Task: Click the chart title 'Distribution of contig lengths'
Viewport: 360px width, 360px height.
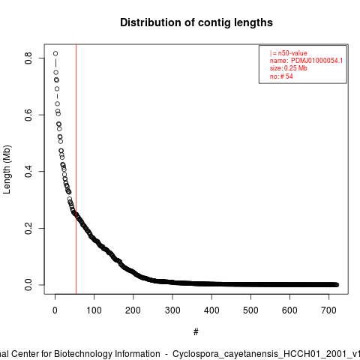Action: coord(196,22)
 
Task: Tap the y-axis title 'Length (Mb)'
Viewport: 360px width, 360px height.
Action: coord(7,169)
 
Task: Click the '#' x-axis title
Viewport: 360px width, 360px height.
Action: coord(196,332)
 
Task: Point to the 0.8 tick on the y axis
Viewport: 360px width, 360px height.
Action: coord(28,58)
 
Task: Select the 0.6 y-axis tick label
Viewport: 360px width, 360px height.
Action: coord(28,115)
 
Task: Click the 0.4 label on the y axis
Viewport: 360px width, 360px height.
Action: coord(28,172)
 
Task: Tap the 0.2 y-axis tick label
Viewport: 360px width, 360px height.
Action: coord(28,228)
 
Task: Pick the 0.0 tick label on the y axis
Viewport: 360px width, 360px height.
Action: coord(28,285)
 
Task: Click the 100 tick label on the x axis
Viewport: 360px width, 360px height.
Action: coord(94,310)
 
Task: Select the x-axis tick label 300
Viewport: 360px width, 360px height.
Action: coord(172,310)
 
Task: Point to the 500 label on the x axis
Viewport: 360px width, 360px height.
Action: coord(250,310)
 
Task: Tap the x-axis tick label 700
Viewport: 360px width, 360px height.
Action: coord(328,310)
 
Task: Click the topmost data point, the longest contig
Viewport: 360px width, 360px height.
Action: coord(55,53)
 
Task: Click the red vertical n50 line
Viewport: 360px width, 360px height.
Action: coord(76,169)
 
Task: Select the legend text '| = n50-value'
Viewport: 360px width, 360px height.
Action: coord(289,53)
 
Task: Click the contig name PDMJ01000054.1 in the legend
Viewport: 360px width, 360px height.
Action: coord(316,61)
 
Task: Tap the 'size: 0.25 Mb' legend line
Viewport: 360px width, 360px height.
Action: coord(289,68)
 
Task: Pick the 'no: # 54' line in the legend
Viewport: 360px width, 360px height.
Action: coord(281,76)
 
